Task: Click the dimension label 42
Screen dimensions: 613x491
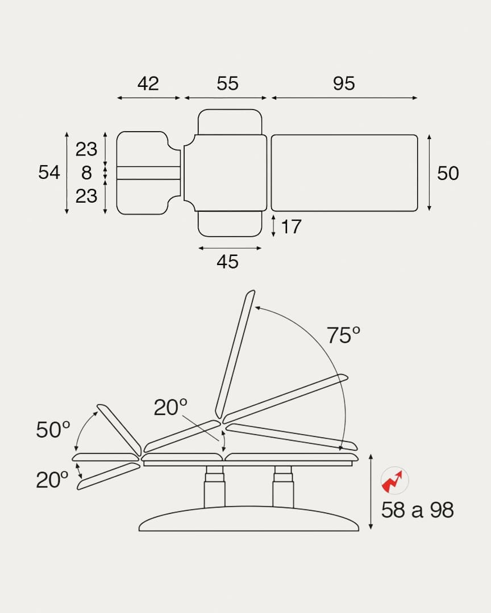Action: [x=148, y=83]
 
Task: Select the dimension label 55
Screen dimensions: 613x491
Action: [x=227, y=83]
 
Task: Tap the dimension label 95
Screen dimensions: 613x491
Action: [x=344, y=83]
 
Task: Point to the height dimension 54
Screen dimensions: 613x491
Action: [x=49, y=172]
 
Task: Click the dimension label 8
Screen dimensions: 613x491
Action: [x=86, y=172]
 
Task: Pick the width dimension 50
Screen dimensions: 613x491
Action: [x=448, y=173]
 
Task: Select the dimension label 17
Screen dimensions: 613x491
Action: [x=291, y=227]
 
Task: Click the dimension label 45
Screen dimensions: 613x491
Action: [x=227, y=262]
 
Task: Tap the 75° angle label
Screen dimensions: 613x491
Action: [x=343, y=335]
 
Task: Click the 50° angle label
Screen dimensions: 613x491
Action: [x=53, y=430]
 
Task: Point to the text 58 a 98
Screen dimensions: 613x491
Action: [x=417, y=510]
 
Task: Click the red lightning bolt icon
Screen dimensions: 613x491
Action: [x=394, y=481]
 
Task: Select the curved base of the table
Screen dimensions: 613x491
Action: [x=249, y=519]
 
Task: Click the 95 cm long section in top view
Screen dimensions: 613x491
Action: [x=344, y=173]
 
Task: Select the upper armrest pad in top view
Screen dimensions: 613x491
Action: [x=230, y=121]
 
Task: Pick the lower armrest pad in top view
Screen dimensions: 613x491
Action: [x=230, y=224]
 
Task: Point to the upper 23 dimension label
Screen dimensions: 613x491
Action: [x=86, y=149]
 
